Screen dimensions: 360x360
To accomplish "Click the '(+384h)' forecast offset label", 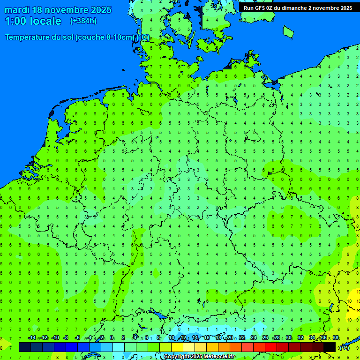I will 83,21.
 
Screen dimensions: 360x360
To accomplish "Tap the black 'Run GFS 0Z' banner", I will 298,8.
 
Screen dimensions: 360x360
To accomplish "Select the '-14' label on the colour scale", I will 32,337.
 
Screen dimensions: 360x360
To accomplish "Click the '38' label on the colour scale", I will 336,337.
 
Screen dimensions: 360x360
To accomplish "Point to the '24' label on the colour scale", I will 254,337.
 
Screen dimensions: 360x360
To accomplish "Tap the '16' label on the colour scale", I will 207,337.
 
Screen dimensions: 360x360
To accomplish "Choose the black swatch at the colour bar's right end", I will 330,347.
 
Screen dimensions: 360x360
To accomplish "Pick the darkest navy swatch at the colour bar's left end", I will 25,347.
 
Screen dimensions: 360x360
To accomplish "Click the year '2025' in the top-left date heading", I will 99,10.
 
